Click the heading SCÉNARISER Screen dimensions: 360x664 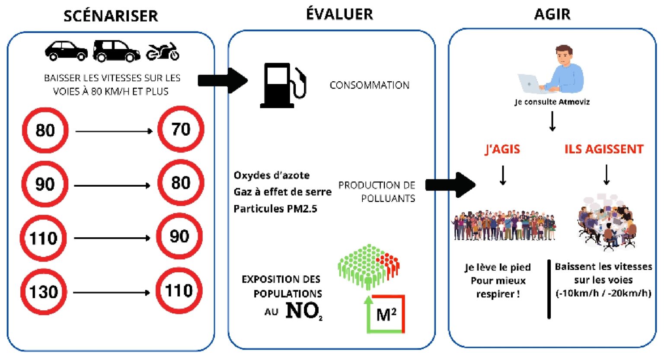[111, 16]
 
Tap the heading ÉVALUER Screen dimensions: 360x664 [339, 14]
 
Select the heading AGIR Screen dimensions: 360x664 [552, 14]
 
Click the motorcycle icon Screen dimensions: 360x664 [163, 52]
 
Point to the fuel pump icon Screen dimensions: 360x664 [283, 85]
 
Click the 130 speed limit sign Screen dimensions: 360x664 [44, 292]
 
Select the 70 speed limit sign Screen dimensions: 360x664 [181, 129]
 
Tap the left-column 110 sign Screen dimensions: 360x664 [43, 238]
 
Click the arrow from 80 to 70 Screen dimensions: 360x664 [114, 131]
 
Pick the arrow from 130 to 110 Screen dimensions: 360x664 [112, 293]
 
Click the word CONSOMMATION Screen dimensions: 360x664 [369, 85]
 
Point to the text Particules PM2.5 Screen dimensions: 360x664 [275, 209]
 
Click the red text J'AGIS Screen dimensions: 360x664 [502, 149]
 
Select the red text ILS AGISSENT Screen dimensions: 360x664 [604, 149]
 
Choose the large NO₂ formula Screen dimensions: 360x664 [304, 311]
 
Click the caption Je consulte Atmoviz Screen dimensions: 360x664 [552, 102]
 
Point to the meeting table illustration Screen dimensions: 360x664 [606, 223]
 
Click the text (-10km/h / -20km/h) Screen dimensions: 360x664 [603, 293]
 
